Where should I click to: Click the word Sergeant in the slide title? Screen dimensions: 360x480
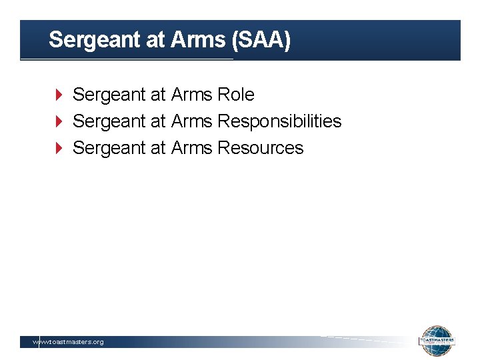(90, 40)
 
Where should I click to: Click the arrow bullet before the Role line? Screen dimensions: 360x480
(59, 95)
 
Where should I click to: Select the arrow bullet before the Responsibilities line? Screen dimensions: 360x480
(59, 121)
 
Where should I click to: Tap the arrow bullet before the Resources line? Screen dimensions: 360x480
(59, 148)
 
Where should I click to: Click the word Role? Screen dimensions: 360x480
(236, 95)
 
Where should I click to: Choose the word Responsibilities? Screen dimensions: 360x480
(279, 121)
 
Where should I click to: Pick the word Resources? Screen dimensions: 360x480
(261, 148)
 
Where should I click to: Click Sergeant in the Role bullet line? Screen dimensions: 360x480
(109, 95)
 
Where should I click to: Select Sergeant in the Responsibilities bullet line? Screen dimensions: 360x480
(109, 122)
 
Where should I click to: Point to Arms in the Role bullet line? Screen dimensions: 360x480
(192, 95)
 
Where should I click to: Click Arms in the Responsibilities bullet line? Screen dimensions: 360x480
(192, 121)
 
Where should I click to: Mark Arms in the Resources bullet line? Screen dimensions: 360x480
(192, 148)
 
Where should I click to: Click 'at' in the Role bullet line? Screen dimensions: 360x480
(157, 95)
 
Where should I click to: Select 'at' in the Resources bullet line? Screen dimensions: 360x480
(157, 148)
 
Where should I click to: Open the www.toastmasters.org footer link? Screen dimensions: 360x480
(69, 342)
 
